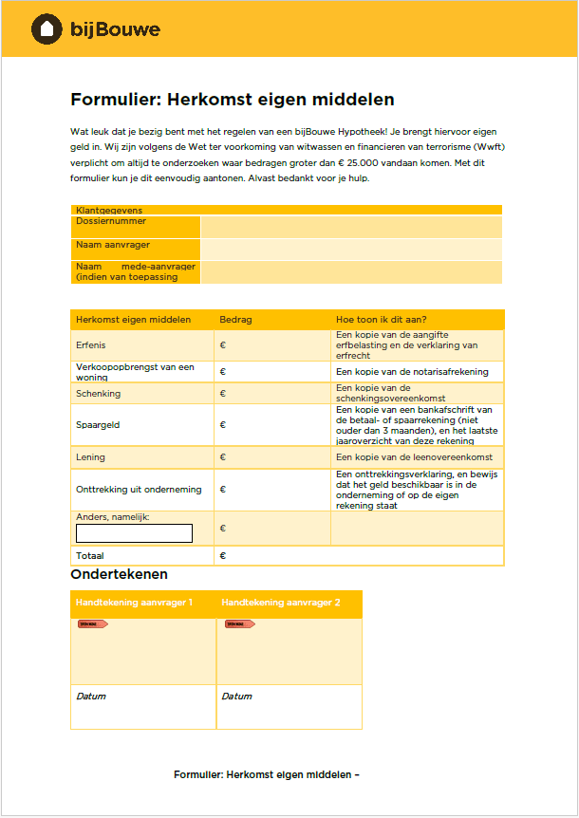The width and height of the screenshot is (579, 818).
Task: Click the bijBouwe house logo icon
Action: (45, 29)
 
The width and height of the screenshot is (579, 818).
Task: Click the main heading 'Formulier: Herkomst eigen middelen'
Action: (232, 100)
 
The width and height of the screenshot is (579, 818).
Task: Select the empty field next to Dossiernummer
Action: (350, 226)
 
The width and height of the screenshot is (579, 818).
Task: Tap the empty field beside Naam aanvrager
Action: (350, 249)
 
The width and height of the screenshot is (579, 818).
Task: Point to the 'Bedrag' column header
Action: (235, 320)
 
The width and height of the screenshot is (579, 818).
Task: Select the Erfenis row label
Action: (91, 345)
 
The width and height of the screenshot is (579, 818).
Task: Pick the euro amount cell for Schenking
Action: (271, 394)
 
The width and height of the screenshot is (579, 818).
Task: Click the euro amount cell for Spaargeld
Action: (271, 425)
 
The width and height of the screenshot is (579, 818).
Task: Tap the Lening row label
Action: (91, 457)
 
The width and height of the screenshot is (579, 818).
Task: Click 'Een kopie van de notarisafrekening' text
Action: (412, 372)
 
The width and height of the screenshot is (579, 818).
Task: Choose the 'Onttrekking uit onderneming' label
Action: (139, 490)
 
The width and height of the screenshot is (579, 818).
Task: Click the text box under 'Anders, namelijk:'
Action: (134, 533)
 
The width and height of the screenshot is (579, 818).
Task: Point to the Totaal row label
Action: (90, 556)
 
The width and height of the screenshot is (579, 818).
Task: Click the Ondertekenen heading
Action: (119, 575)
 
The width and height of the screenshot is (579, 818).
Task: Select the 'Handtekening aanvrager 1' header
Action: (134, 604)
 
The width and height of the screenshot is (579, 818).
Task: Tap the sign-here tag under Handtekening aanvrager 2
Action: (239, 624)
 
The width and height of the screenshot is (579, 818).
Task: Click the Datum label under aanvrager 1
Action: (91, 697)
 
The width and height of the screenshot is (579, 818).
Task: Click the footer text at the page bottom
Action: (266, 774)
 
